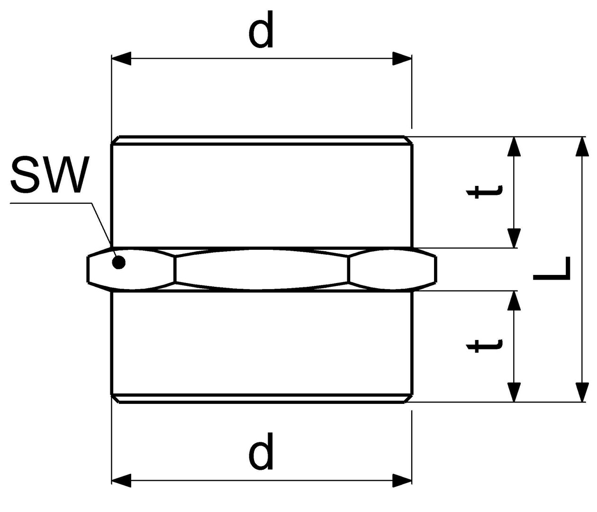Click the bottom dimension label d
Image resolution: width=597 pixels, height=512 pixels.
point(261,451)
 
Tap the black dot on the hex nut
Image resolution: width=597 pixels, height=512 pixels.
point(119,262)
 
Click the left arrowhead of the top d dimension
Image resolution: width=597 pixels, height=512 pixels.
point(121,59)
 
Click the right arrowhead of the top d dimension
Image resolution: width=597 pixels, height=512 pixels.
point(402,59)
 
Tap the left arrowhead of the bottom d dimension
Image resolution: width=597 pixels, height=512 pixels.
point(121,480)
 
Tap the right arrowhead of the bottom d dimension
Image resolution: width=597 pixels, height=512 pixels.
point(402,480)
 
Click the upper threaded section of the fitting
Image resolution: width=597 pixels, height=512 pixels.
point(262,194)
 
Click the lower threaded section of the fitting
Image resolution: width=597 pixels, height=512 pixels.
point(262,344)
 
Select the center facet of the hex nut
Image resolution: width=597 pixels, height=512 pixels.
point(262,268)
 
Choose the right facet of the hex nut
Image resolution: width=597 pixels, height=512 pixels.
point(392,269)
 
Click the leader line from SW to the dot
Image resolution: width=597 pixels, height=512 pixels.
point(101,224)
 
